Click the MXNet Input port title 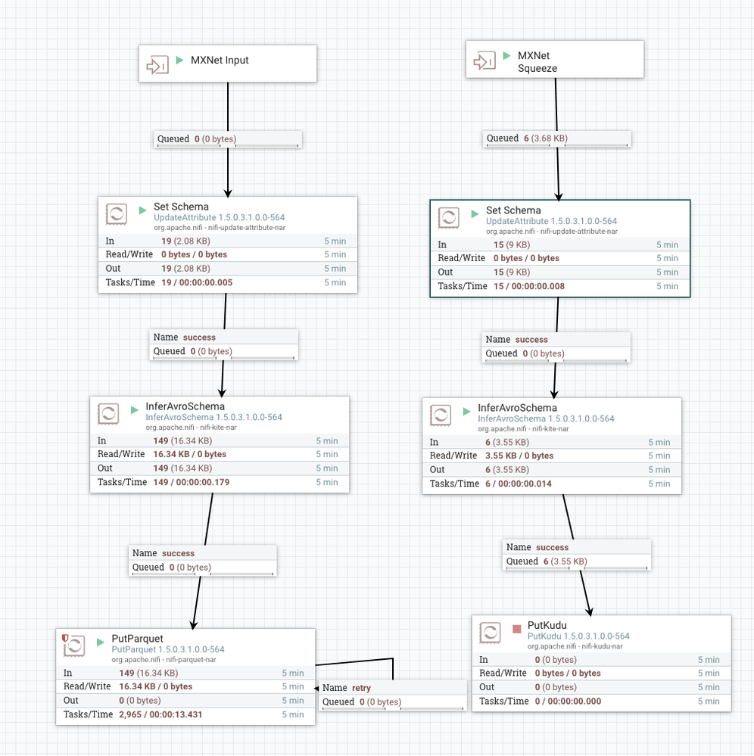coord(220,61)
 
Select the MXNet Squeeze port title coord(537,62)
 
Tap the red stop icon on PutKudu coord(516,629)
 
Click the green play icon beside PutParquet coord(101,642)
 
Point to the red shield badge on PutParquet coord(65,638)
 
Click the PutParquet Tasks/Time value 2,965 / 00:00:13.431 coord(160,714)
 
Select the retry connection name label coord(347,688)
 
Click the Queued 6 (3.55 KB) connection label coord(547,562)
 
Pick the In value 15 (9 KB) coord(511,245)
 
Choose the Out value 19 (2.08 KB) coord(185,269)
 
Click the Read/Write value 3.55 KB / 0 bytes coord(519,456)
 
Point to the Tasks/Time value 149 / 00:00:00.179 coord(191,482)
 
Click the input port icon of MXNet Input coord(157,64)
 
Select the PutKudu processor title coord(547,625)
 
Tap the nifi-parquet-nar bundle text coord(191,660)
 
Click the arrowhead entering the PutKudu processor coord(590,612)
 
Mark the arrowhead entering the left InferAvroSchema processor coord(222,393)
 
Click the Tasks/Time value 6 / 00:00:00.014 coord(518,484)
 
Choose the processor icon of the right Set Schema coord(448,218)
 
